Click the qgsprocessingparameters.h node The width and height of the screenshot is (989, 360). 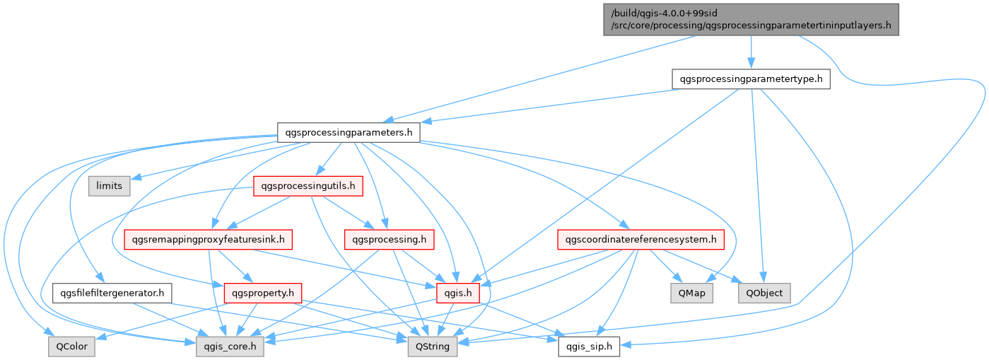tap(349, 132)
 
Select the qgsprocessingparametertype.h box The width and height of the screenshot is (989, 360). tap(751, 79)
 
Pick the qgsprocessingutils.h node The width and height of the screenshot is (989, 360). tap(308, 186)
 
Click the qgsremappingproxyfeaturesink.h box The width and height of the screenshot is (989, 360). tap(208, 240)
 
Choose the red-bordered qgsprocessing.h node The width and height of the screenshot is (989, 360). tap(388, 240)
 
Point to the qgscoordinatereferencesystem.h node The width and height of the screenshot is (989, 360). tap(641, 240)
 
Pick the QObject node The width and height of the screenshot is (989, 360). tap(763, 292)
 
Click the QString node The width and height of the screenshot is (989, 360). tap(433, 346)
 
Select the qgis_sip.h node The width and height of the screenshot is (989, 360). tap(590, 346)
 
